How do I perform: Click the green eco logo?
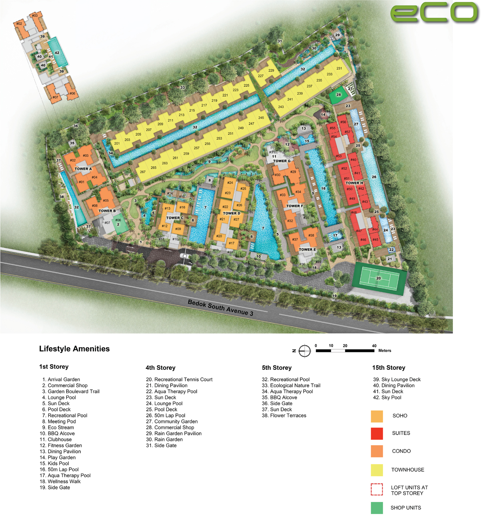(434, 13)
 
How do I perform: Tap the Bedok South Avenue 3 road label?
(220, 307)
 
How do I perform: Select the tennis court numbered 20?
(379, 278)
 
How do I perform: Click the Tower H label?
(354, 183)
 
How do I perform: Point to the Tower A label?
(83, 169)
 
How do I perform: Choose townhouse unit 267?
(143, 172)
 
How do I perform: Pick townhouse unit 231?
(339, 68)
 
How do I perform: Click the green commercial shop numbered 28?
(338, 95)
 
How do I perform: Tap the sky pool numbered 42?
(57, 53)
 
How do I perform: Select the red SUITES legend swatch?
(377, 433)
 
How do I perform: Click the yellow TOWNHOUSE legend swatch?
(377, 470)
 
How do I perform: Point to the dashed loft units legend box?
(377, 490)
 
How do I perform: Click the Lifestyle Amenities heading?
(74, 349)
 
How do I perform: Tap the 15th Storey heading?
(388, 368)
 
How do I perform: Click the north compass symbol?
(304, 351)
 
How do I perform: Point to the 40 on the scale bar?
(374, 346)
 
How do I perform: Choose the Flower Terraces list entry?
(284, 415)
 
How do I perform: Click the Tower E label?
(307, 249)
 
